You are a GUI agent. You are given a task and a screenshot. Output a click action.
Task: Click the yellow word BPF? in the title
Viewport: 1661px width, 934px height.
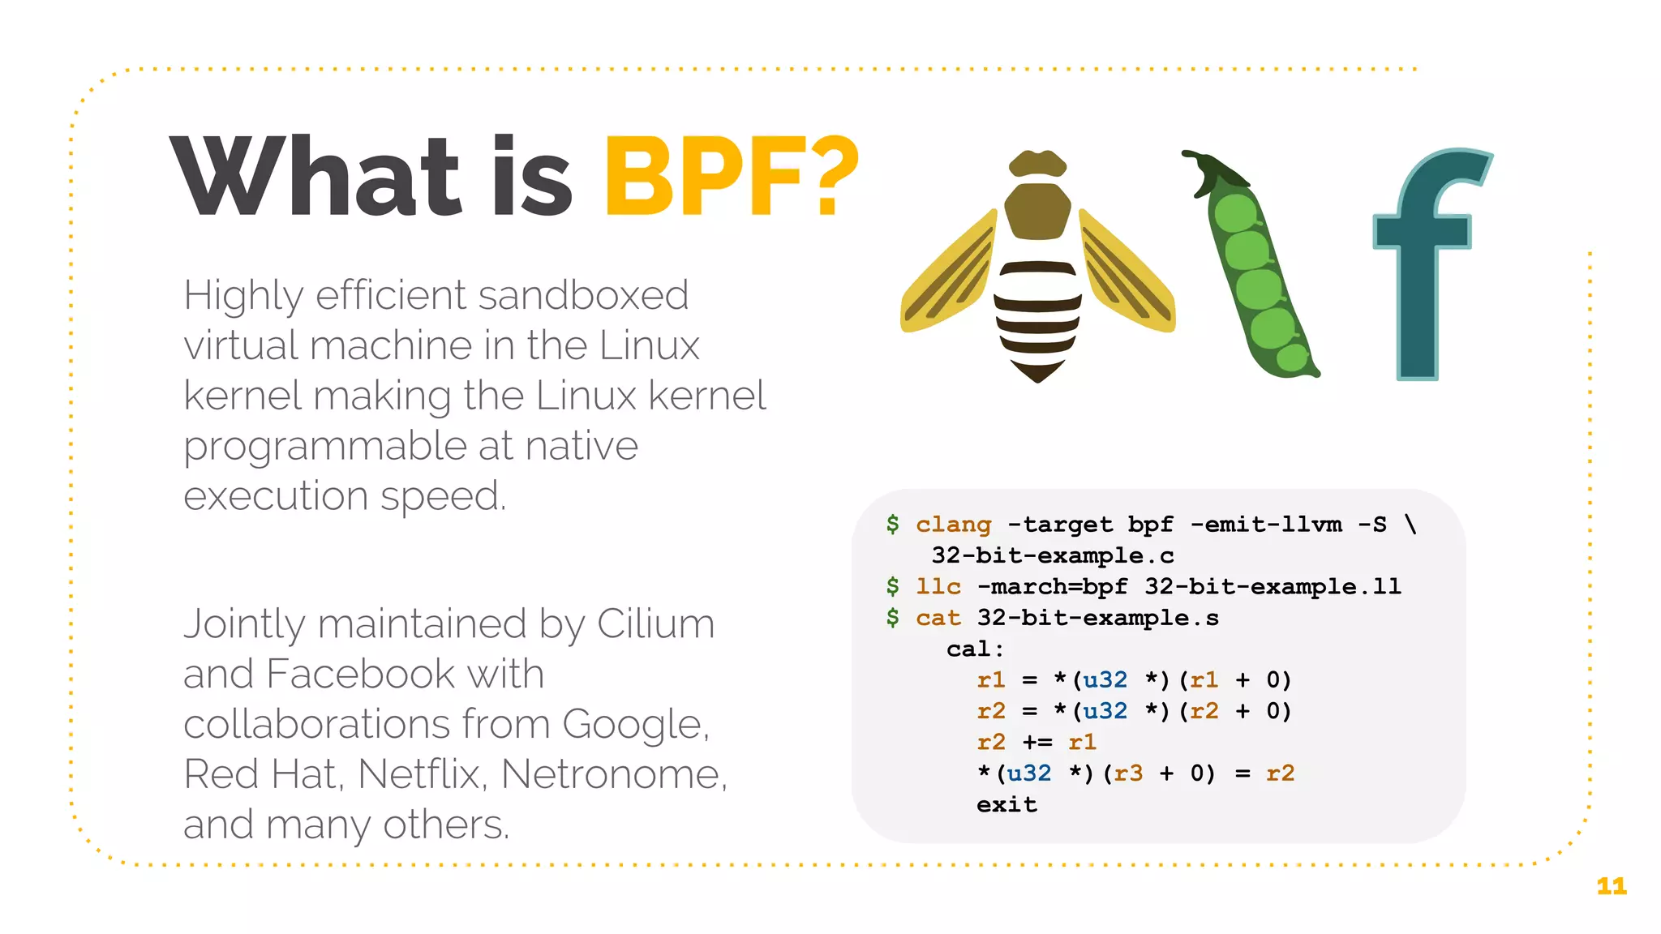(731, 178)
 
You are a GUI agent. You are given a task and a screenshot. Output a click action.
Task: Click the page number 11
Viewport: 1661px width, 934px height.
(1612, 886)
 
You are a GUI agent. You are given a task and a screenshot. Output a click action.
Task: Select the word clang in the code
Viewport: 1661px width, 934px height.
(953, 525)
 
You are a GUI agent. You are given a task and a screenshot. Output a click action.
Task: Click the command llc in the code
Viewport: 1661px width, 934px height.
(938, 586)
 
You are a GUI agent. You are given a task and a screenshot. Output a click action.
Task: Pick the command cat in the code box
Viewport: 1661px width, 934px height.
(938, 618)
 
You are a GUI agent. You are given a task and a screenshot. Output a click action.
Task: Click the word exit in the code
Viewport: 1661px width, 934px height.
(1006, 804)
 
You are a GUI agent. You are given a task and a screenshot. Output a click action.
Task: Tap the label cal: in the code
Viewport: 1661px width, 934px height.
(975, 649)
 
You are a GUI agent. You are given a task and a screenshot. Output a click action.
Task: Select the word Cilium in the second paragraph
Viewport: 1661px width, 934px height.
(655, 624)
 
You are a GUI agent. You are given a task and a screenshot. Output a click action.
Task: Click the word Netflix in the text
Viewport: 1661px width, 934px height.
(422, 774)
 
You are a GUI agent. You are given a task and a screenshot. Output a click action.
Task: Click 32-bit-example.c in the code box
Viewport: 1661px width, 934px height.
(1052, 555)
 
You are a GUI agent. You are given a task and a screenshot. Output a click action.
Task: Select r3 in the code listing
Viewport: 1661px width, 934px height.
(1128, 773)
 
